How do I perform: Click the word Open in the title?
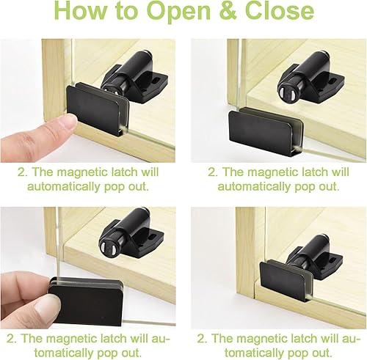click(179, 12)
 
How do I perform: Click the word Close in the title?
click(280, 11)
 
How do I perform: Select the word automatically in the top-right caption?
click(254, 187)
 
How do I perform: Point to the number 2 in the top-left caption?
click(22, 172)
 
